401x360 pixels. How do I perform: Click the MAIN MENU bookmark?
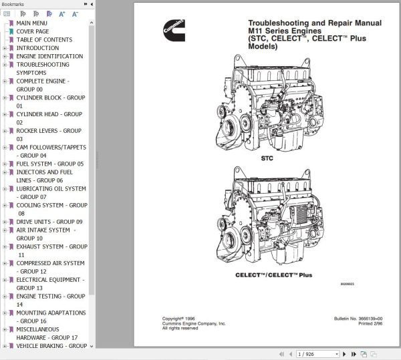(31, 23)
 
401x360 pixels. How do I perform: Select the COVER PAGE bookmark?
(32, 31)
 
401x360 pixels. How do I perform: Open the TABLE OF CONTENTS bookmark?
(44, 40)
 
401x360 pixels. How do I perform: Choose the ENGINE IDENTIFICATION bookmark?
(49, 57)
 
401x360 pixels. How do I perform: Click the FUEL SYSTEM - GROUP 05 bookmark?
(50, 164)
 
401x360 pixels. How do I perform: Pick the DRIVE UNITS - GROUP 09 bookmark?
(49, 222)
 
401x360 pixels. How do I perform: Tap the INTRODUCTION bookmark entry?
(37, 48)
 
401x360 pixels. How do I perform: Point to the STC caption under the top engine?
(267, 159)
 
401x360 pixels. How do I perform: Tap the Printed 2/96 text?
(367, 324)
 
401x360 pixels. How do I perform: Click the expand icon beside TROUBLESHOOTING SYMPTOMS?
(5, 65)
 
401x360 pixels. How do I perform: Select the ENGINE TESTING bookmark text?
(51, 296)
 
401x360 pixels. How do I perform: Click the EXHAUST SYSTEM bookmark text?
(51, 246)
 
